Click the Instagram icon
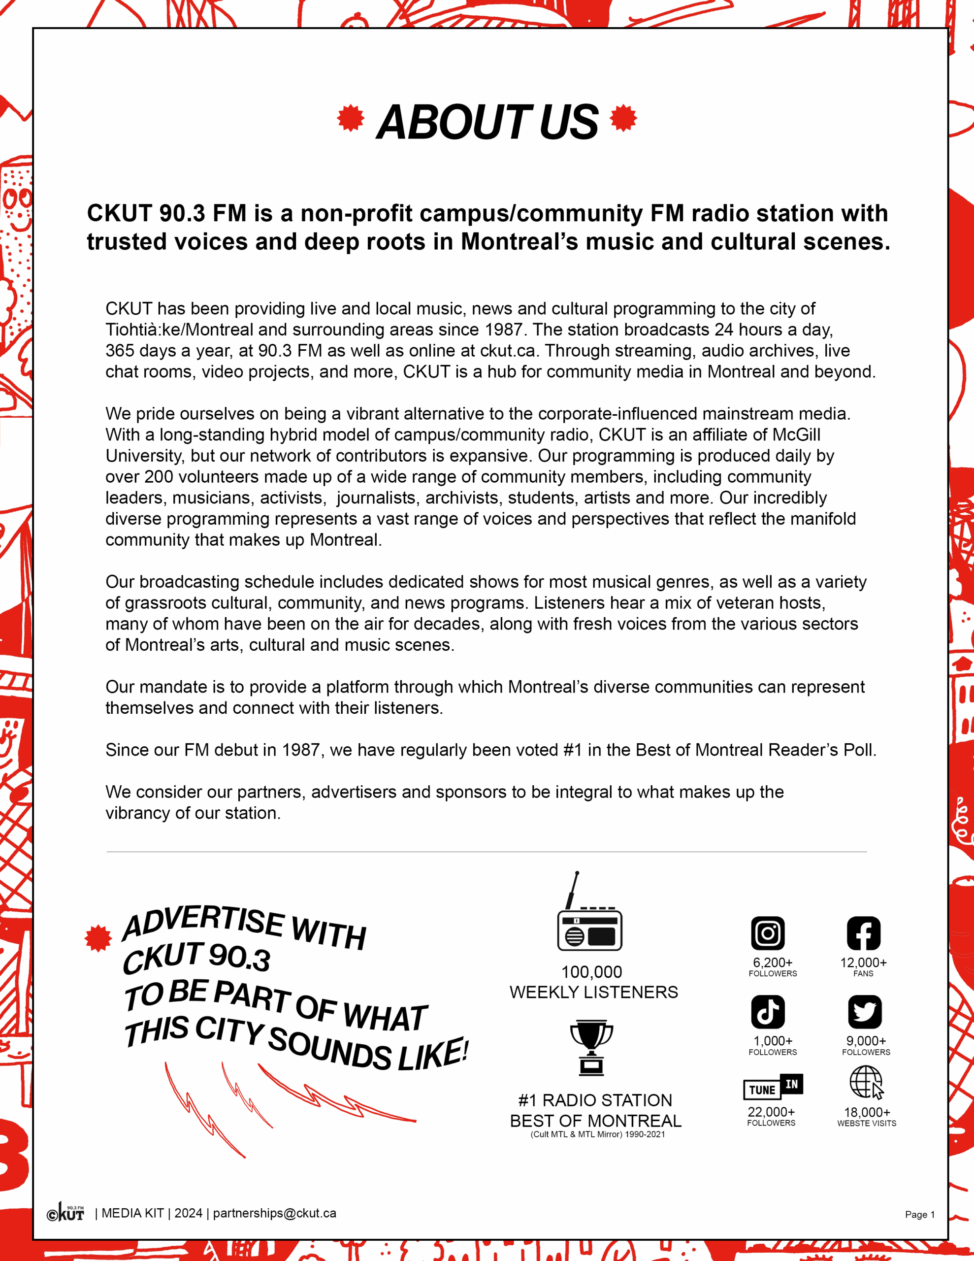point(767,933)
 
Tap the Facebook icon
point(863,933)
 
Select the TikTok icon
point(767,1012)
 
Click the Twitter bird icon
point(864,1012)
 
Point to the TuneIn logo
point(773,1087)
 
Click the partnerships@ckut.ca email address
point(274,1213)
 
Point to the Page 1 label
point(919,1214)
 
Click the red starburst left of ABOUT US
point(351,118)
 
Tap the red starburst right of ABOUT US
point(623,118)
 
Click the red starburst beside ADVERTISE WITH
point(98,938)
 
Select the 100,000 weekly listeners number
point(592,972)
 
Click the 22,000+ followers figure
point(771,1111)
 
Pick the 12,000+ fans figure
point(863,962)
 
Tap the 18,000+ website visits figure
point(867,1112)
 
